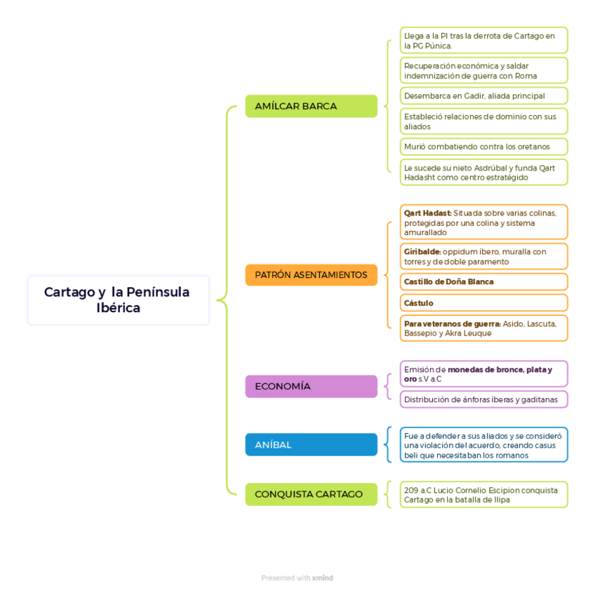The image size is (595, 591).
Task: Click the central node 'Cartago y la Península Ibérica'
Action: [118, 300]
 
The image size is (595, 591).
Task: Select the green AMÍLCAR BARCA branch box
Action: [311, 106]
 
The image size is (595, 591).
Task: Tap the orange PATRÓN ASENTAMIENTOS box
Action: [311, 274]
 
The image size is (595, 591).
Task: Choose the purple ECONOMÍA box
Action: [311, 386]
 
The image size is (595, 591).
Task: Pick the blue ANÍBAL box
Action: [311, 444]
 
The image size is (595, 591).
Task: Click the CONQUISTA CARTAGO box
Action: [311, 494]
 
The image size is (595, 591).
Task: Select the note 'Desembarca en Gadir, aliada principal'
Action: [483, 95]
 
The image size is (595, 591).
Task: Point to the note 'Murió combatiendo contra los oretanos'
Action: [483, 147]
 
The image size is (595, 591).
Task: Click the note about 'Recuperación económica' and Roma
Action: [483, 71]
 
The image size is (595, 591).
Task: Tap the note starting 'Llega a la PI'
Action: [483, 41]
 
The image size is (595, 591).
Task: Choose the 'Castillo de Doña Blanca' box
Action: [483, 281]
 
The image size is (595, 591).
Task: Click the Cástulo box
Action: [483, 303]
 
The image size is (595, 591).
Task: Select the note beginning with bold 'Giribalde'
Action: [483, 256]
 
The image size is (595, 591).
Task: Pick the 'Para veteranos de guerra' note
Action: [483, 328]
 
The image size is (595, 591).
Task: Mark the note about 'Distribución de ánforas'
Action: [483, 399]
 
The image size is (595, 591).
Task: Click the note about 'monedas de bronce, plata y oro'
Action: [483, 374]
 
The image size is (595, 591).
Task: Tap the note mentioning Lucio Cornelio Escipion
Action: [483, 495]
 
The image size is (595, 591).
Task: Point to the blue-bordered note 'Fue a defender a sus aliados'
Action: [483, 445]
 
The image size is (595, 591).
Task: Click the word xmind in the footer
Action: [323, 578]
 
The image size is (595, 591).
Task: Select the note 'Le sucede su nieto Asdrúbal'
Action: [483, 172]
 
